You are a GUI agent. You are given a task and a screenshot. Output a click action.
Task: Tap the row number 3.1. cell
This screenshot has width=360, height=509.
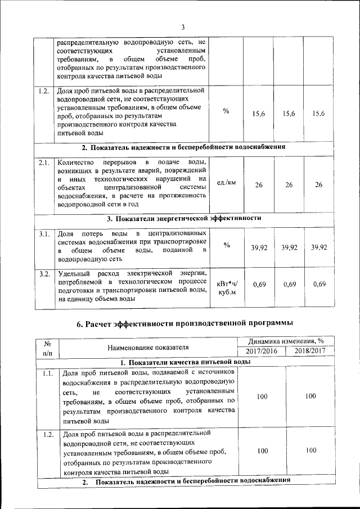[x=44, y=234]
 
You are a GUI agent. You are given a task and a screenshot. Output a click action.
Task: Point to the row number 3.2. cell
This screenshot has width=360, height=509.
[x=44, y=274]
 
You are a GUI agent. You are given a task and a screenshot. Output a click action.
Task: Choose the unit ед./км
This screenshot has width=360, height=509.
[x=227, y=183]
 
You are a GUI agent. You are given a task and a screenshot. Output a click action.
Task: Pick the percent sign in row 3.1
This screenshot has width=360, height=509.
[x=227, y=246]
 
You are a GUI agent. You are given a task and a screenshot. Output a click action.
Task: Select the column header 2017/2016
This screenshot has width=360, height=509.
[x=262, y=352]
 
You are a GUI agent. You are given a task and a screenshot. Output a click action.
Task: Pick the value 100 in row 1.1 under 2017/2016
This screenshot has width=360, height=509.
[x=262, y=397]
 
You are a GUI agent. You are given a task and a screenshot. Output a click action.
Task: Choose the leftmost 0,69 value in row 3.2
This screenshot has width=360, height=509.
[x=259, y=285]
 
